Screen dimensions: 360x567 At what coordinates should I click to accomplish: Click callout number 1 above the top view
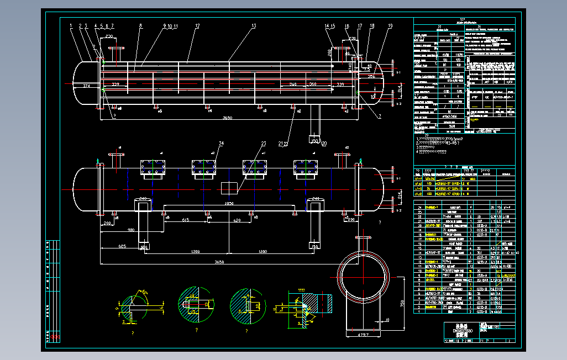71,25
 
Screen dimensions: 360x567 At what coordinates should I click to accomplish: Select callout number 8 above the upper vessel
140,25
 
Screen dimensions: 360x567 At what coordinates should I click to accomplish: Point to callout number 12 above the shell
197,26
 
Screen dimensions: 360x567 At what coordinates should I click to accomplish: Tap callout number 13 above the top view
254,26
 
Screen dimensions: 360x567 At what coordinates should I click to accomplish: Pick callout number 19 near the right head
390,26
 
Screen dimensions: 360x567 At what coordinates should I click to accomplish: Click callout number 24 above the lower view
221,144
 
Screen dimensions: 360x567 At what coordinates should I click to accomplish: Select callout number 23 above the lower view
264,144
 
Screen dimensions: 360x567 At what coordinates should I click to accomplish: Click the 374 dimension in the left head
86,86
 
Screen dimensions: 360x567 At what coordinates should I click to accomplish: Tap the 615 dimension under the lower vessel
186,220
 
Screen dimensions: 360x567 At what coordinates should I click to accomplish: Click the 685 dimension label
123,246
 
